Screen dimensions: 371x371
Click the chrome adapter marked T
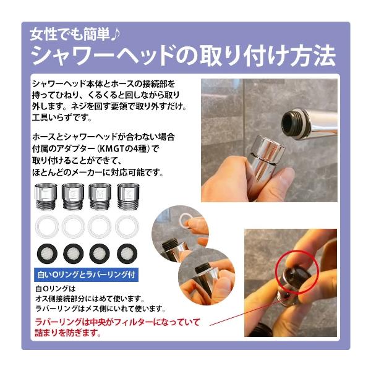46,197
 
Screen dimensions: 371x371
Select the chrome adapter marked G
73,197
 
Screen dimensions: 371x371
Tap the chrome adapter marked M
100,197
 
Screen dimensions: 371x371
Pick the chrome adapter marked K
128,197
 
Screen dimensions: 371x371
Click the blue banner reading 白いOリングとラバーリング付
86,275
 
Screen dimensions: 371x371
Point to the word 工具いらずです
61,117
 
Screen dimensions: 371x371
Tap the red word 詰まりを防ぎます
67,333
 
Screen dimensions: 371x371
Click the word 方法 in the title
313,56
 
